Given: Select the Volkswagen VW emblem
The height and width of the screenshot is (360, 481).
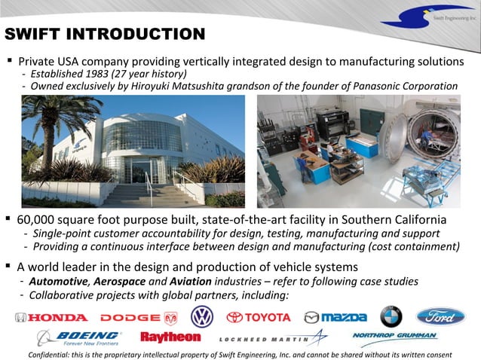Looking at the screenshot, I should coord(201,316).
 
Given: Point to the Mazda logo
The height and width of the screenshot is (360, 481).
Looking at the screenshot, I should coord(335,317).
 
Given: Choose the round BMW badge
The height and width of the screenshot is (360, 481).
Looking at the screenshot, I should coord(391,316).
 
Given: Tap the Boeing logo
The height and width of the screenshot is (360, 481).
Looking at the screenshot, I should coord(79,337).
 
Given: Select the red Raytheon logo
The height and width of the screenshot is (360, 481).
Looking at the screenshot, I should coord(170,337).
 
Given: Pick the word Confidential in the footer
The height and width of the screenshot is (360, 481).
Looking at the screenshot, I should coord(54,354).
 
